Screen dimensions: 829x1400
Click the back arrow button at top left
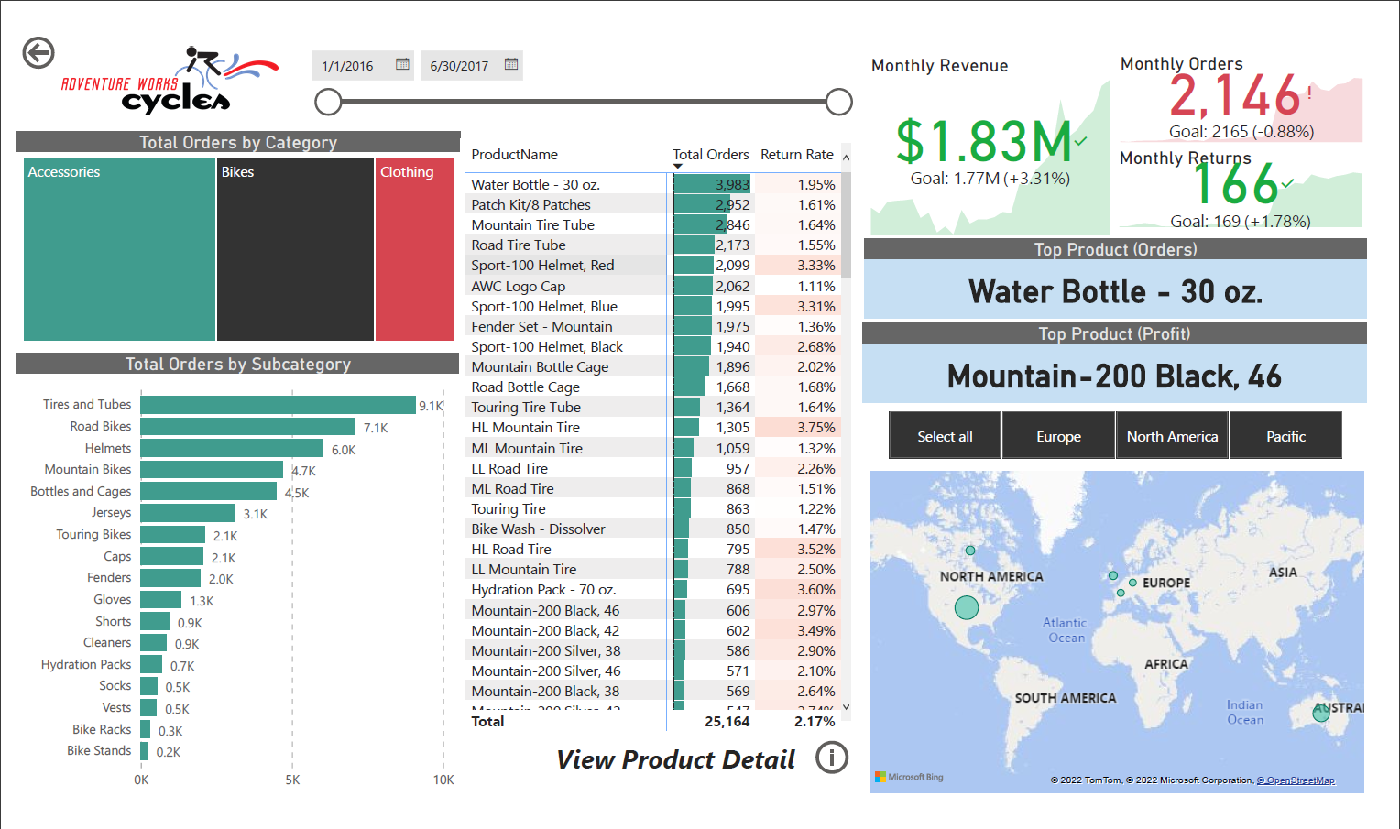click(38, 53)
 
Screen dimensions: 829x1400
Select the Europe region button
click(1058, 436)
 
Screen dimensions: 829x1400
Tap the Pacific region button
click(1285, 436)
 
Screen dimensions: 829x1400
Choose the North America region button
click(1172, 436)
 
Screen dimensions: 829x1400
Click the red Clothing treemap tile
click(414, 249)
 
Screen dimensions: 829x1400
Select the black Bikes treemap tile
click(295, 249)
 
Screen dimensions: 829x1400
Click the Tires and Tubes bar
click(278, 405)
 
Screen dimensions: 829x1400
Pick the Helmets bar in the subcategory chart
click(232, 448)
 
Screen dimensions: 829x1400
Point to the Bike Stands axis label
click(99, 751)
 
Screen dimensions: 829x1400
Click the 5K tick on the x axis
click(292, 780)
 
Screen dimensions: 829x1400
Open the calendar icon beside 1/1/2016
click(402, 64)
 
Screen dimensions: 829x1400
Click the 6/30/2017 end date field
click(459, 66)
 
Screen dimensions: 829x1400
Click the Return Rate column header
click(796, 155)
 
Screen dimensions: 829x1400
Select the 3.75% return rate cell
click(815, 428)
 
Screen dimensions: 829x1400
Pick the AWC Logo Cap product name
click(519, 287)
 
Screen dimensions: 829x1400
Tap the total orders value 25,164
click(727, 722)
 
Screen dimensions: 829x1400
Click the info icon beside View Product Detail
click(832, 758)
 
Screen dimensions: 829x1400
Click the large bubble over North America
click(967, 606)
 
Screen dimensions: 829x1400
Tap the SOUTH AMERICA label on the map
click(1065, 698)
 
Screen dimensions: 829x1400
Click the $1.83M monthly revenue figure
click(983, 142)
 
